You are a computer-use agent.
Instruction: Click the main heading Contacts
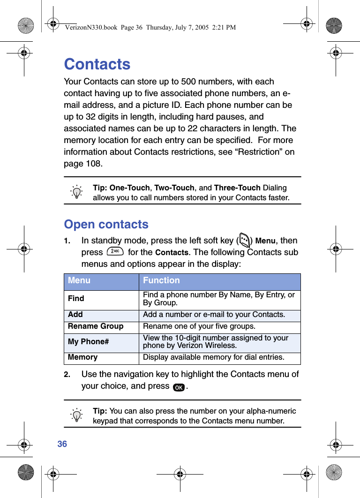point(97,64)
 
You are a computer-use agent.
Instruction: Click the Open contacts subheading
point(106,224)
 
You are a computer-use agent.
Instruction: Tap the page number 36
point(62,444)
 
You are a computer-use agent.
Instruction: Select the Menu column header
point(79,280)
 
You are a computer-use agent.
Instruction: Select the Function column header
point(161,280)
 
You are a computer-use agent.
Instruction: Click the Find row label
point(76,299)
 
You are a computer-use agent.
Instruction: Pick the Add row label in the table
point(75,315)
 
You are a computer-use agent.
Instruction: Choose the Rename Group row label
point(96,326)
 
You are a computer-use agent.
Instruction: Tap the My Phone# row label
point(88,342)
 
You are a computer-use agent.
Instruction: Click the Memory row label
point(82,357)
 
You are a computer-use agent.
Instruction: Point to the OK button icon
point(178,387)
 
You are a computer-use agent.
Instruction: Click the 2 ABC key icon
point(114,251)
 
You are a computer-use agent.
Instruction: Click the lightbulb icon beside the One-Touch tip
point(76,192)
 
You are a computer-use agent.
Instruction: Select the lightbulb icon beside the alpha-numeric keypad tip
point(76,415)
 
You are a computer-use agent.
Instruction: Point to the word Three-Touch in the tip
point(237,188)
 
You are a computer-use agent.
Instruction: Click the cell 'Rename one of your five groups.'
point(199,326)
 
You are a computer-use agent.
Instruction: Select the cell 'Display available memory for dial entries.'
point(213,357)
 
